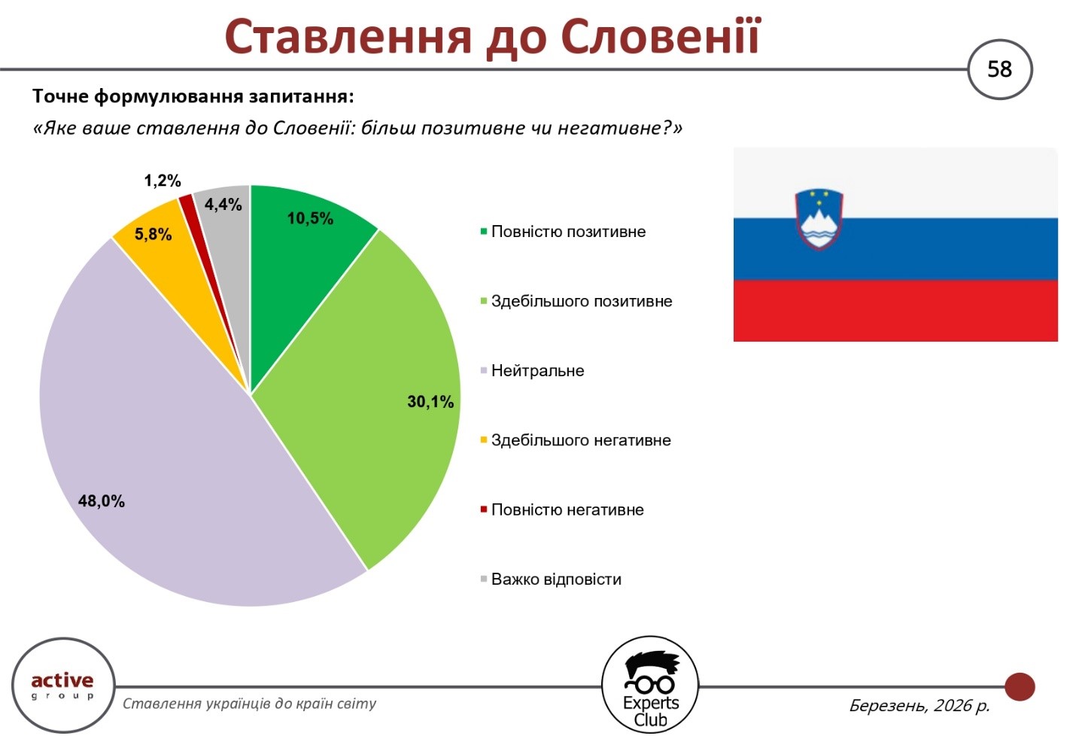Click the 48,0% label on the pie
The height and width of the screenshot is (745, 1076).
coord(102,501)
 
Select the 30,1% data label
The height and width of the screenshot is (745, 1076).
coord(430,402)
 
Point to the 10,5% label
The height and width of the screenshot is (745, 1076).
coord(310,218)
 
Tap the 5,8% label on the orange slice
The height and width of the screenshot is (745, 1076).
coord(153,234)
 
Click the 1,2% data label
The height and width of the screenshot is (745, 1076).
coord(163,181)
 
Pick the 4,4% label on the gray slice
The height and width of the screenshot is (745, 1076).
coord(223,205)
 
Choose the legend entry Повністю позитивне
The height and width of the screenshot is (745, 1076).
coord(563,232)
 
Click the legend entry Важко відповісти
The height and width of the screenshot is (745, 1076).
coord(551,579)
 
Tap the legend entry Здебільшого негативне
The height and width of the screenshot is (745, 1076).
coord(576,440)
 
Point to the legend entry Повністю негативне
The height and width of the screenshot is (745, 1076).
coord(562,509)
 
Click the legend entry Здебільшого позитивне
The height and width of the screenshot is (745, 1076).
coord(576,301)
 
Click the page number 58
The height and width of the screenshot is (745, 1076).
coord(999,70)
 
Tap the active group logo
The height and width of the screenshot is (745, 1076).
coord(63,686)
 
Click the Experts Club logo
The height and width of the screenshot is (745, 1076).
coord(650,686)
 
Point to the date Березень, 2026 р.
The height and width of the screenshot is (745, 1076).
coord(919,705)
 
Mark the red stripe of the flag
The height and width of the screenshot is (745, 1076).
coord(895,310)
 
